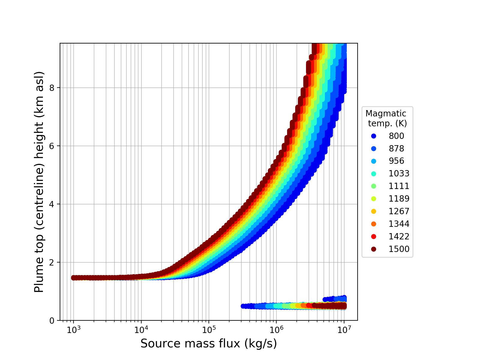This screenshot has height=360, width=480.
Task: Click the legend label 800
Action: click(x=396, y=136)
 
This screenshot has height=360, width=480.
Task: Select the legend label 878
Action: click(x=396, y=148)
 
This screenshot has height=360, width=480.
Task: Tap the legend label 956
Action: click(x=396, y=161)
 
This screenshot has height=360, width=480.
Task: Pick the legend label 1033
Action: click(x=399, y=174)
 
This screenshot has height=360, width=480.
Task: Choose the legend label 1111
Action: click(x=399, y=186)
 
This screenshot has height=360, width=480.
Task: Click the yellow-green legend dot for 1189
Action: click(x=373, y=199)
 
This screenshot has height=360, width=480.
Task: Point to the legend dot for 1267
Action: click(x=373, y=211)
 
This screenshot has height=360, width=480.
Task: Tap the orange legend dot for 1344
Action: click(x=373, y=224)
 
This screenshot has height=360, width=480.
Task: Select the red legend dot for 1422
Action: click(x=373, y=237)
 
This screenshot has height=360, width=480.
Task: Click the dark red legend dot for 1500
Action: click(x=373, y=249)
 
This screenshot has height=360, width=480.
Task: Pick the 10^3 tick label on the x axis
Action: click(x=73, y=329)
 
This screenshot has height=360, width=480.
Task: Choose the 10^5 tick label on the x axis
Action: click(x=209, y=329)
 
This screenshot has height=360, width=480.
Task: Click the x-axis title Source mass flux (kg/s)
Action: click(x=208, y=344)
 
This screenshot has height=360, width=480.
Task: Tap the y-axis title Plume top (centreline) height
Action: click(x=39, y=182)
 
